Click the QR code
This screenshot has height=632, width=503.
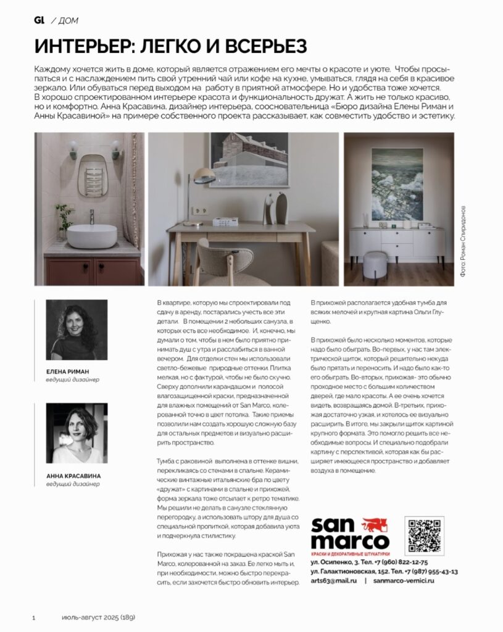click(x=424, y=535)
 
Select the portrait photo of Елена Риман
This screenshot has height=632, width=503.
click(x=77, y=330)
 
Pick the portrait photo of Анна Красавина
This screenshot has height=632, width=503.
click(x=77, y=433)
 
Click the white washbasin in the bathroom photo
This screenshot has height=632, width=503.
click(x=91, y=236)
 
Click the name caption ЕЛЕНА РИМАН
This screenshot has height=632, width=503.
click(x=69, y=372)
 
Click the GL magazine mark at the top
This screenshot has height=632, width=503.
click(x=39, y=20)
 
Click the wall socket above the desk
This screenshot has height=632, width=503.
click(x=201, y=210)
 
